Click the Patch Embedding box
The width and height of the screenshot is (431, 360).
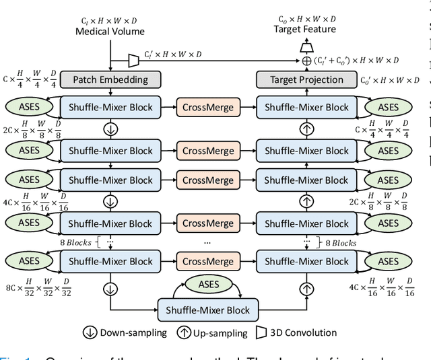click(x=110, y=79)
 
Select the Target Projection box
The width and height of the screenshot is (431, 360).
click(x=306, y=79)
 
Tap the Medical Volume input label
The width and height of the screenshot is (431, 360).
click(x=110, y=31)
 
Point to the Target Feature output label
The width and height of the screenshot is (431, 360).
click(x=304, y=29)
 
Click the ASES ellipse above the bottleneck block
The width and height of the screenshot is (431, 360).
click(x=209, y=285)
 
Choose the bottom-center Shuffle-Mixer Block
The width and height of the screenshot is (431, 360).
click(x=209, y=310)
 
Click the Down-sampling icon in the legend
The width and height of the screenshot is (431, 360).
click(x=90, y=332)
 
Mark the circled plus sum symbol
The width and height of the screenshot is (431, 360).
click(x=306, y=61)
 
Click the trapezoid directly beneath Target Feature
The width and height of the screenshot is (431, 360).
click(x=306, y=45)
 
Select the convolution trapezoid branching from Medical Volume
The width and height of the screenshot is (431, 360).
click(x=133, y=61)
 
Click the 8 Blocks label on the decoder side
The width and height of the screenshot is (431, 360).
click(x=341, y=243)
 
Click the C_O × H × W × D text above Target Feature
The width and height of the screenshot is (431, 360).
click(x=307, y=19)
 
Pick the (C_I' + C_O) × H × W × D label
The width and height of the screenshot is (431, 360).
click(x=358, y=61)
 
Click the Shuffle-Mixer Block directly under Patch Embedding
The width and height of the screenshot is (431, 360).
click(x=110, y=107)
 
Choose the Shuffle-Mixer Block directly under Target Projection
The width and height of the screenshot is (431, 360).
click(x=306, y=107)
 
